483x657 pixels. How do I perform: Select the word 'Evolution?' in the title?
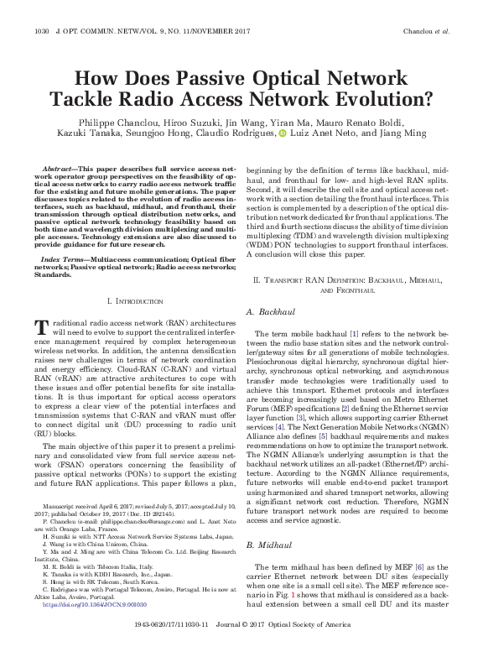point(381,100)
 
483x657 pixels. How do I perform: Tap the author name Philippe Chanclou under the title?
point(98,121)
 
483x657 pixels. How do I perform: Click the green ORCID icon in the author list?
point(283,133)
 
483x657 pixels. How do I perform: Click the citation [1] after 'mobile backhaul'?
point(331,334)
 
